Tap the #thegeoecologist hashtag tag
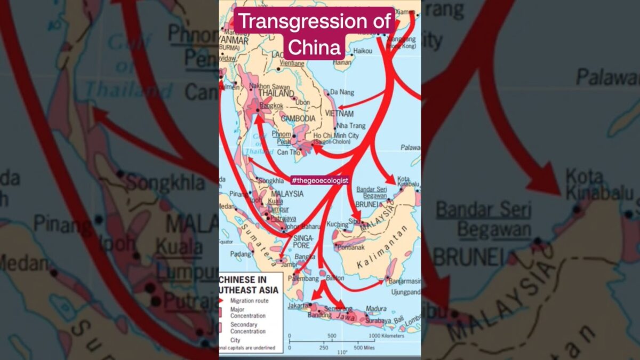320,180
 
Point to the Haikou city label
362,51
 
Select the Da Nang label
342,92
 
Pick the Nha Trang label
350,125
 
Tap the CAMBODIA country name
299,118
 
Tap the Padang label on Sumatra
241,254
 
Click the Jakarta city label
298,306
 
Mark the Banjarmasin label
405,281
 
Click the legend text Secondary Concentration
247,327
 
